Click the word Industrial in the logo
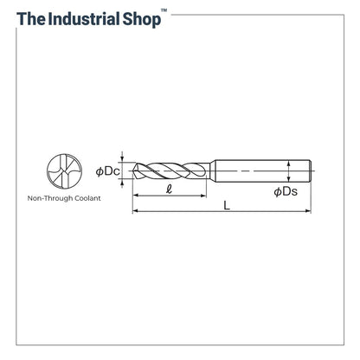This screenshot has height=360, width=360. [x=83, y=18]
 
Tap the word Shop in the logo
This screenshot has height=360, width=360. [x=142, y=20]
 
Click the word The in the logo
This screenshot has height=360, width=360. [x=31, y=18]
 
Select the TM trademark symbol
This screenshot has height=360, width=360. [x=164, y=10]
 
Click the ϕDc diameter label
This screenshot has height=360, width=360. [x=107, y=171]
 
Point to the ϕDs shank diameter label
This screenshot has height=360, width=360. [x=286, y=191]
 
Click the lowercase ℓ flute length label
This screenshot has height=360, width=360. [x=170, y=190]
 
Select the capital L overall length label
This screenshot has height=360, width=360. [x=227, y=205]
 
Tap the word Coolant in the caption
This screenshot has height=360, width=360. [x=87, y=198]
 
